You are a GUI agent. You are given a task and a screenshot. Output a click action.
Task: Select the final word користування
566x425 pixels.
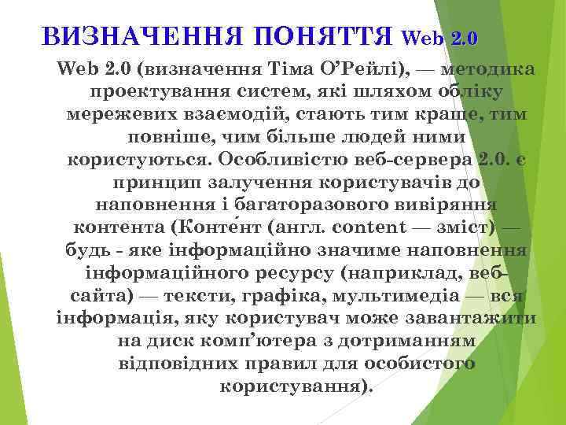point(291,388)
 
